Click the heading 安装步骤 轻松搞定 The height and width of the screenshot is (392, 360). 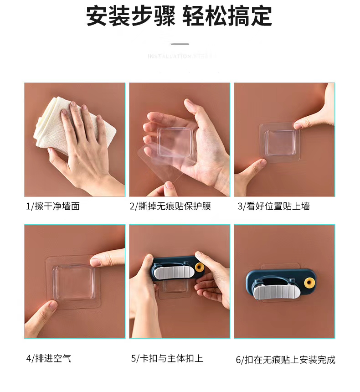[x=179, y=16]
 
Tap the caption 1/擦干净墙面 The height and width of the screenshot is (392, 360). [x=52, y=206]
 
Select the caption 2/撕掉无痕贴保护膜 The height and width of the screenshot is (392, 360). [x=170, y=206]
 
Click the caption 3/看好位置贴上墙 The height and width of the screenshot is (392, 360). [x=274, y=206]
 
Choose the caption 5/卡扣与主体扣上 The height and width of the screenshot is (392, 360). [x=167, y=358]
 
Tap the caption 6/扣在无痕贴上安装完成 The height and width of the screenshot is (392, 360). [x=285, y=360]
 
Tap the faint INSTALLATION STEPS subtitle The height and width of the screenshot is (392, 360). [x=180, y=56]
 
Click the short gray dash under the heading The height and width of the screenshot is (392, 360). [x=180, y=44]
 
